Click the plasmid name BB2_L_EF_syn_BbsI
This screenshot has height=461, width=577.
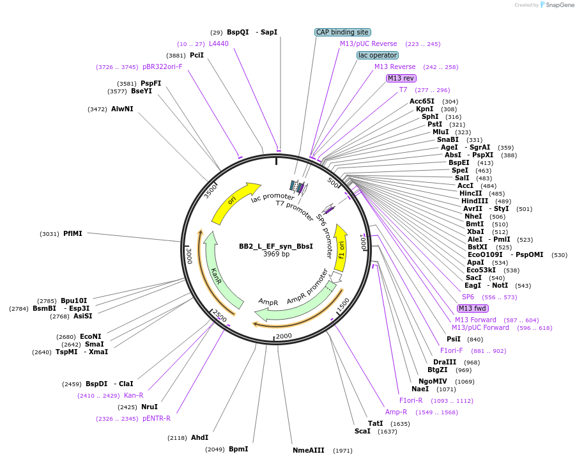point(276,246)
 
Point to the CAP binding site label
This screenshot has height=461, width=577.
point(342,32)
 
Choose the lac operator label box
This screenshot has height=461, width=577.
point(377,55)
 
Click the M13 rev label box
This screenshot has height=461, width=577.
point(401,78)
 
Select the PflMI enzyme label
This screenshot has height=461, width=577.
point(73,233)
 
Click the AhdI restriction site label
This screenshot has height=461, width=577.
point(200,438)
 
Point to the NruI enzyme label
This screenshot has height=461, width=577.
point(149,407)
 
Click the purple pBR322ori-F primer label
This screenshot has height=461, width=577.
point(162,66)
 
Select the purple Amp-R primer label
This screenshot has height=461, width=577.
point(396,412)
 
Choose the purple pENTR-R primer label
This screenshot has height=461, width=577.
point(157,418)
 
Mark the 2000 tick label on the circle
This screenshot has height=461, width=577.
point(284,336)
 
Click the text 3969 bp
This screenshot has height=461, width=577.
point(276,254)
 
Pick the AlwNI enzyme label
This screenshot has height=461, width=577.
point(122,109)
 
